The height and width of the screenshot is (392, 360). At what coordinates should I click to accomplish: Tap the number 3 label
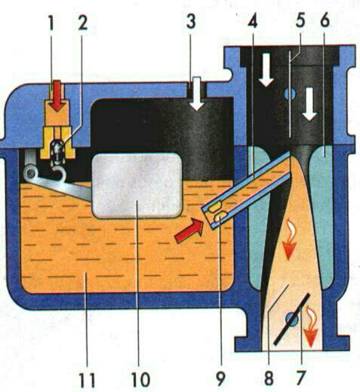click(191, 22)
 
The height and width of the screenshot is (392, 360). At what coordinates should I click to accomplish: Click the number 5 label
click(300, 20)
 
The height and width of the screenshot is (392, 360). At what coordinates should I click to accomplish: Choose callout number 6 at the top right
click(325, 20)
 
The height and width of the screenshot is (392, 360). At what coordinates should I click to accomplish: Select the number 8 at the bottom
click(269, 378)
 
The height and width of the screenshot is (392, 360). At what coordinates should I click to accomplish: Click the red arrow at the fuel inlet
click(57, 96)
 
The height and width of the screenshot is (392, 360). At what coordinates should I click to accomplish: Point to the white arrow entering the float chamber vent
click(197, 93)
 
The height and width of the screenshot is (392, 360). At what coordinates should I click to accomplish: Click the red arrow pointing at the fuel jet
click(189, 231)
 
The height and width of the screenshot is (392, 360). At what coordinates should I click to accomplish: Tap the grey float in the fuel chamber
click(137, 186)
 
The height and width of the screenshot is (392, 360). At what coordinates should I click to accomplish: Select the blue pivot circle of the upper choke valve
click(290, 93)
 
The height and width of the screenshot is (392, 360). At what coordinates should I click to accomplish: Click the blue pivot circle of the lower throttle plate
click(292, 319)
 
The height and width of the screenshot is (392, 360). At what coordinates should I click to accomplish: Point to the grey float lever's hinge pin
click(31, 172)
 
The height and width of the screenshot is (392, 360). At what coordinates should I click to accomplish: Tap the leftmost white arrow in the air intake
click(266, 69)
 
